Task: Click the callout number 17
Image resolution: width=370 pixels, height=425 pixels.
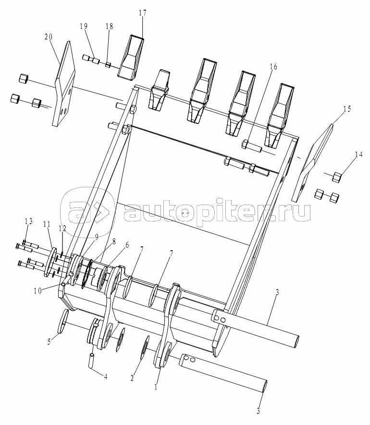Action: [x=142, y=13]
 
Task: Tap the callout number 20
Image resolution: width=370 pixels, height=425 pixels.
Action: [x=49, y=37]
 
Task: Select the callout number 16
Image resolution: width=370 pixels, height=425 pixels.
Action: [x=274, y=67]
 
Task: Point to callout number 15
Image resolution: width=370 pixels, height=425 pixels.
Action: [x=347, y=109]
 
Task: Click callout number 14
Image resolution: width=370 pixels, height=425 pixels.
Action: [x=358, y=155]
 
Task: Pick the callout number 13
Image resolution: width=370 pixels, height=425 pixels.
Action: [x=29, y=221]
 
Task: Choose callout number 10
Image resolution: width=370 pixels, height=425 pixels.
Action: [x=37, y=291]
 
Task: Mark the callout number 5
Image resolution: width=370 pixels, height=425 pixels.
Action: [x=49, y=341]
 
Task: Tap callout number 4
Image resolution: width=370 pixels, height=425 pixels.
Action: [x=106, y=377]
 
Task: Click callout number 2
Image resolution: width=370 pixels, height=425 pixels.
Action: [x=132, y=378]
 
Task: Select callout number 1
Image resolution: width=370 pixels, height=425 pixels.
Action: [x=156, y=387]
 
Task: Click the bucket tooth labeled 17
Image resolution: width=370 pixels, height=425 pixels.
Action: [x=131, y=58]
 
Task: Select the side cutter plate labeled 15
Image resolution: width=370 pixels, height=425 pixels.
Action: [x=313, y=163]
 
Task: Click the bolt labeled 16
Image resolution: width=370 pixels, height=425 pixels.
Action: [x=251, y=146]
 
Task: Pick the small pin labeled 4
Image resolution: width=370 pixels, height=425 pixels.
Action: [x=92, y=360]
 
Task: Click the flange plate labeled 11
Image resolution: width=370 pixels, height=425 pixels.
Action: [x=50, y=262]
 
